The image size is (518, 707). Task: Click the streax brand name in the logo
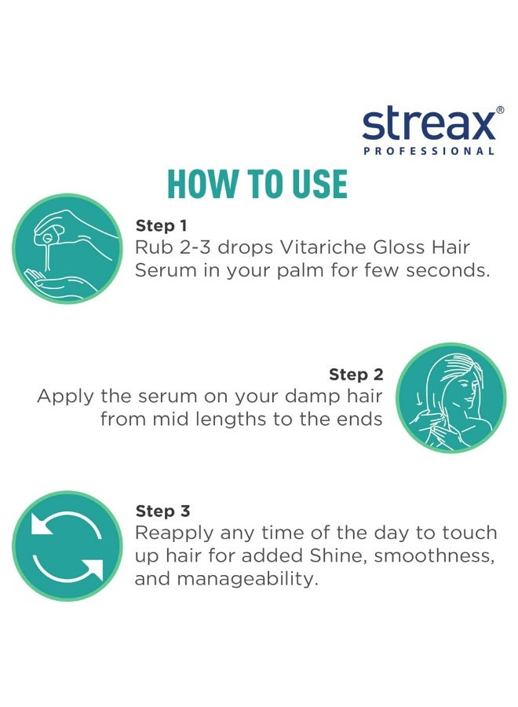pyautogui.click(x=428, y=126)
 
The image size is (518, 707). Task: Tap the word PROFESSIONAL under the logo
pyautogui.click(x=429, y=151)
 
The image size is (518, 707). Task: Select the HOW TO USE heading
pyautogui.click(x=257, y=184)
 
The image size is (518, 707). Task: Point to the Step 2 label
pyautogui.click(x=356, y=374)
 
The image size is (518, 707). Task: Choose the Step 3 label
pyautogui.click(x=162, y=511)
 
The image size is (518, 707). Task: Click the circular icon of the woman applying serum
pyautogui.click(x=451, y=397)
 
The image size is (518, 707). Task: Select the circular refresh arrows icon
pyautogui.click(x=67, y=546)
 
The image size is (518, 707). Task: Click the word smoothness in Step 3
pyautogui.click(x=425, y=556)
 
